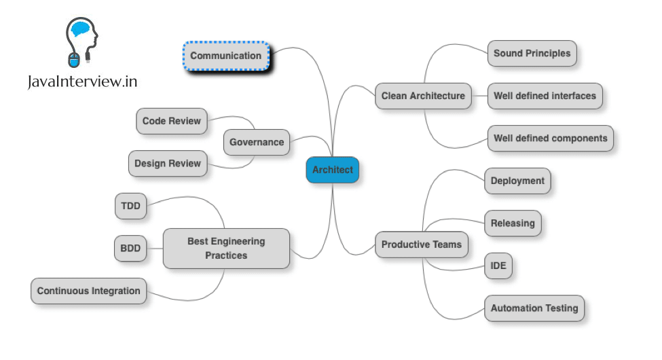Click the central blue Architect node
point(332,170)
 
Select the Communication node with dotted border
point(226,56)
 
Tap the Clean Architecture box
point(423,96)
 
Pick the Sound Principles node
point(532,54)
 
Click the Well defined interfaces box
point(545,96)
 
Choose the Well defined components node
point(550,138)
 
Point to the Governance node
point(256,143)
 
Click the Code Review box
point(171,121)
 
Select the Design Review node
point(167,163)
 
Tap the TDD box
point(131,206)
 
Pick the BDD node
point(130,249)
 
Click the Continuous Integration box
point(88,291)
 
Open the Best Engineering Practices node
point(226,248)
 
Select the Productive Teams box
point(421,245)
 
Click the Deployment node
point(517,181)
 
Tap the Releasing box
point(513,223)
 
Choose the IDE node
point(498,266)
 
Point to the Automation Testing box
point(534,308)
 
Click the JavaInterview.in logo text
point(83,82)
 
